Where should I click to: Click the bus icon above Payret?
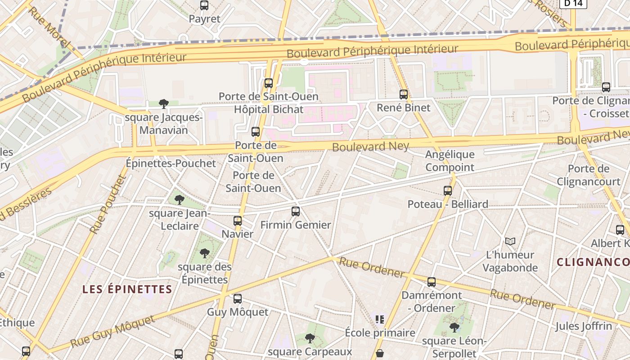click(x=204, y=5)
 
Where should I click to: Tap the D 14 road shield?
click(x=573, y=3)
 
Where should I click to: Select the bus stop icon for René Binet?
click(x=404, y=94)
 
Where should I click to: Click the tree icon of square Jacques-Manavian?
click(x=164, y=104)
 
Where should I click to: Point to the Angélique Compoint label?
click(x=450, y=161)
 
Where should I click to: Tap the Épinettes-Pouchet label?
click(x=171, y=163)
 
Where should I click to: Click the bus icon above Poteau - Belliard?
click(x=448, y=191)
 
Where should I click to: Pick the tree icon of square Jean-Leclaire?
click(x=180, y=199)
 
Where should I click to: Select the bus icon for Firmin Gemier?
click(x=296, y=211)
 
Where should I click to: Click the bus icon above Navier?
click(x=238, y=221)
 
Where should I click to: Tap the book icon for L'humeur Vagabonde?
click(x=510, y=242)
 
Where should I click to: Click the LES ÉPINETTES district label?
click(x=127, y=289)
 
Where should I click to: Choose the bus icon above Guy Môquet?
click(x=238, y=299)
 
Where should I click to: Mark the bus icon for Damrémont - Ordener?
click(x=432, y=283)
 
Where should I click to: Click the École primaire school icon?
click(x=380, y=319)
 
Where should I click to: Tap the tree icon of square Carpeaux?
click(x=310, y=338)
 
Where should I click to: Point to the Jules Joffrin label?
click(x=583, y=326)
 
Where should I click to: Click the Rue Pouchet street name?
click(x=108, y=204)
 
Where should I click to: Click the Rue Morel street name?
click(x=49, y=26)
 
